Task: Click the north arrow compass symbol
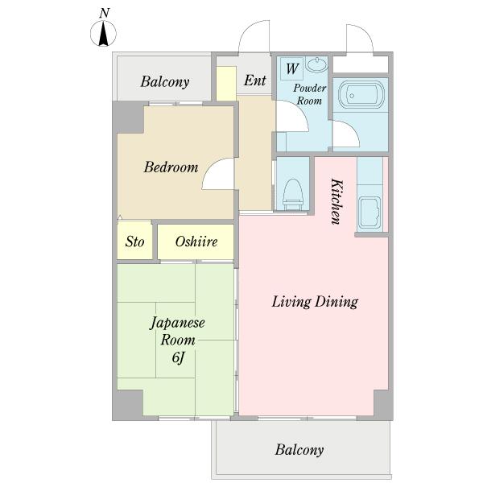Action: pos(104,33)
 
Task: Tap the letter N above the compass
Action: pos(105,13)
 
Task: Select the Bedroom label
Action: pos(171,167)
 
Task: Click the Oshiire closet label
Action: pos(196,242)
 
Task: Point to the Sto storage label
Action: pos(134,242)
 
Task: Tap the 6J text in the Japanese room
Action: pos(179,357)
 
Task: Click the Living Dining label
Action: pos(315,302)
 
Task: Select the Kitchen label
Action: pos(336,201)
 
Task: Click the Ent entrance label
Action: pos(254,80)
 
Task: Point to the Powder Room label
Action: pos(309,94)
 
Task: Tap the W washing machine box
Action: pos(291,68)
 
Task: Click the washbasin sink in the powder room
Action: pos(316,64)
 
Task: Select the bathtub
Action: pos(361,95)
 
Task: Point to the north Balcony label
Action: pos(165,82)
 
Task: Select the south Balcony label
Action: pos(299,450)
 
